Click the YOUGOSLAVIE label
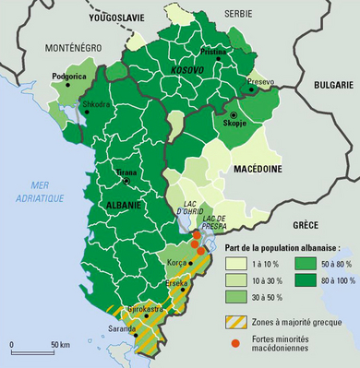pos(121,18)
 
